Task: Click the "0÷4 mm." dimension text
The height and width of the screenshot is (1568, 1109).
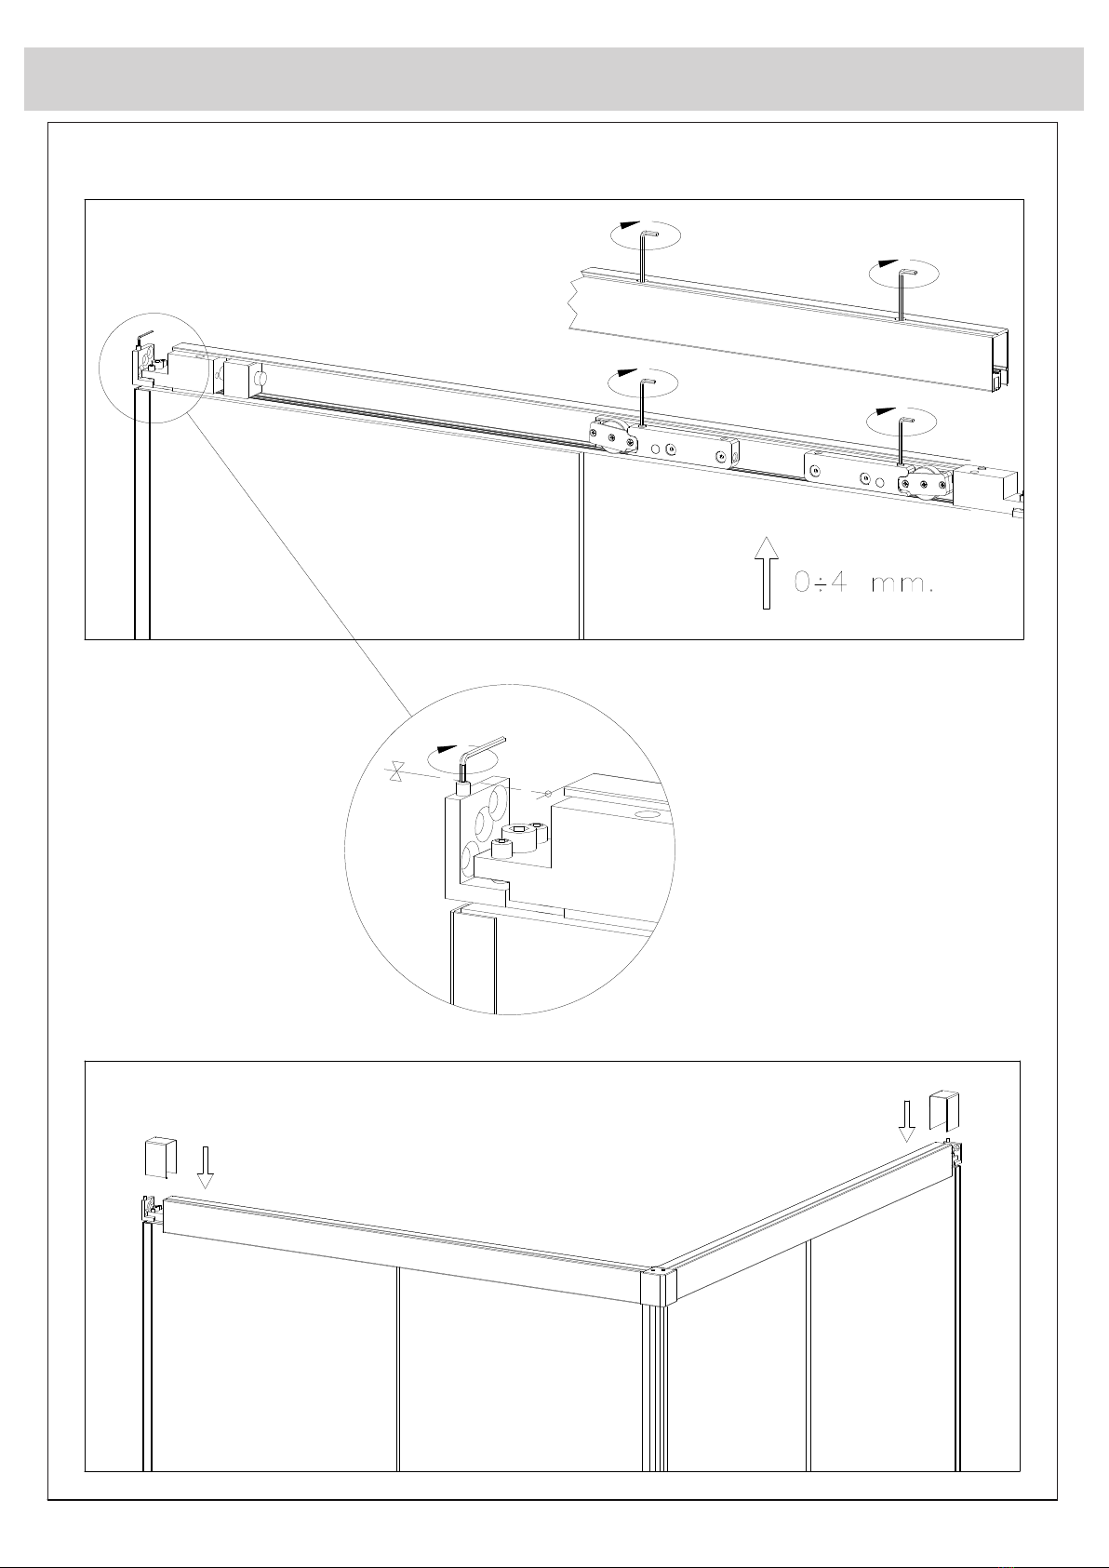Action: pos(864,583)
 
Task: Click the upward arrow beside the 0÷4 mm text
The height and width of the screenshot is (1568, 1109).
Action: pos(767,572)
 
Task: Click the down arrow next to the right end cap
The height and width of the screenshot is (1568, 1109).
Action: pos(907,1120)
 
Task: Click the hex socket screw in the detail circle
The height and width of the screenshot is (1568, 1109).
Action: pos(519,832)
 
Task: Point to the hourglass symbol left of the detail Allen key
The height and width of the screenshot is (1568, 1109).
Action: pos(396,772)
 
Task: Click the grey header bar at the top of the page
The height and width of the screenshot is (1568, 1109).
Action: pos(554,79)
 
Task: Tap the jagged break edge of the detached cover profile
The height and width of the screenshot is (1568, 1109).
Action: pos(577,304)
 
